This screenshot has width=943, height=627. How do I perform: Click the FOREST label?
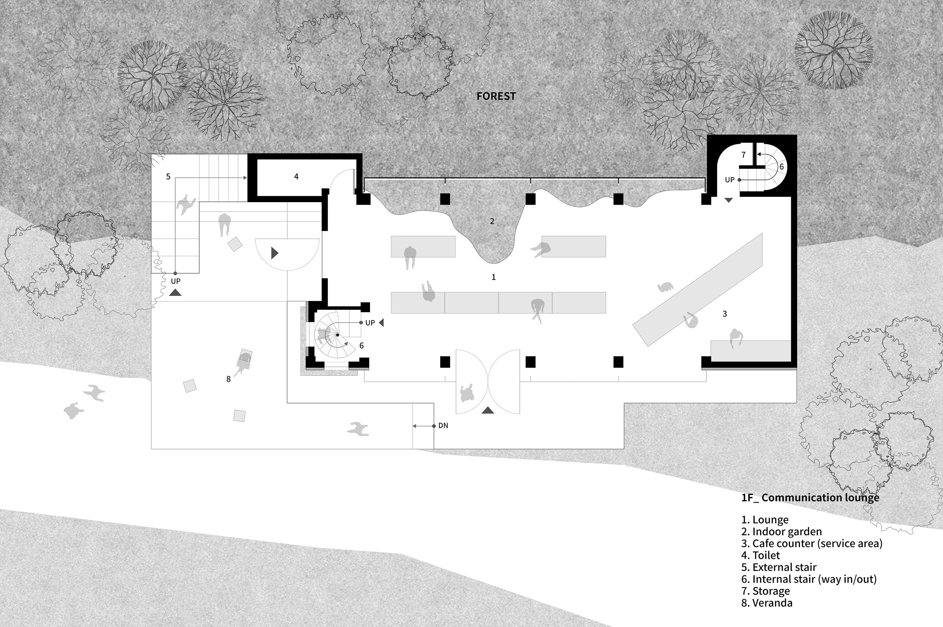496,96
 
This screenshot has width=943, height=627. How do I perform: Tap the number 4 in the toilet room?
296,176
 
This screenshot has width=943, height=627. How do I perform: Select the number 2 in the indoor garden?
492,221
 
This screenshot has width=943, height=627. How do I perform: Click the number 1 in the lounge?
493,277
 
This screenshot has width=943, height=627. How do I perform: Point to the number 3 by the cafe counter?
724,314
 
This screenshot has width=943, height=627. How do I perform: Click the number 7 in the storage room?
743,155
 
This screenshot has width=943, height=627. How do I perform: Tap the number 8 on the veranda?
228,379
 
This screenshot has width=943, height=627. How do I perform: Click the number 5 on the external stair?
168,176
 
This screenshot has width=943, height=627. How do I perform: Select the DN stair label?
443,426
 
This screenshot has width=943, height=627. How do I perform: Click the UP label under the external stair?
176,281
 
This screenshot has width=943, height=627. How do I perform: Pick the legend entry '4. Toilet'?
761,556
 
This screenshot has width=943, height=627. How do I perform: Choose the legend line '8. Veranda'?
767,603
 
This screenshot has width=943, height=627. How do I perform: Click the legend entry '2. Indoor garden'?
782,532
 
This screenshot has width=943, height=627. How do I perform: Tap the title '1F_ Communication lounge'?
810,498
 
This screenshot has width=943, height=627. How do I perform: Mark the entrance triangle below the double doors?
488,410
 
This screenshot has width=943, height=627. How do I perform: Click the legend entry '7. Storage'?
766,591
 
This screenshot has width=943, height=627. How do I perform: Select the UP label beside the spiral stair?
370,323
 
